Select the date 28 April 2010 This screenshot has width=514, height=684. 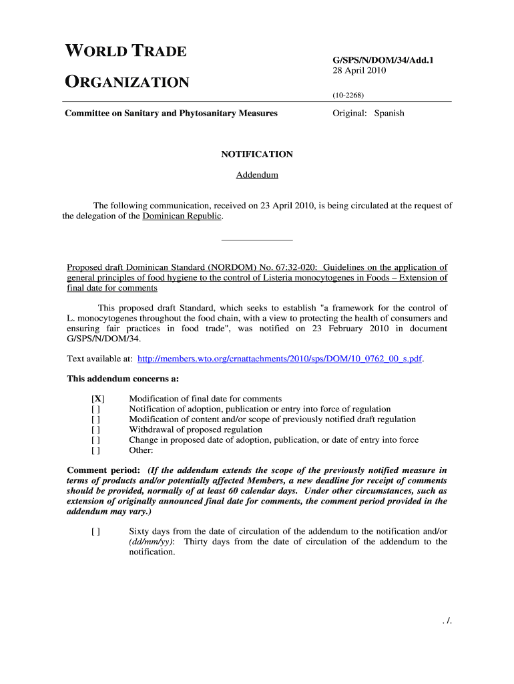tap(360, 70)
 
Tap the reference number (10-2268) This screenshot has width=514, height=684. tap(348, 95)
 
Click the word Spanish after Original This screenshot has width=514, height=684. tap(389, 114)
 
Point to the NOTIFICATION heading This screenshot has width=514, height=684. tap(257, 154)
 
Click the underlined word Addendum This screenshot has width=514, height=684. tap(257, 176)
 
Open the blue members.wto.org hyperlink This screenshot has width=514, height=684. tap(280, 359)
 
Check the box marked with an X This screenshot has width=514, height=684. tap(97, 399)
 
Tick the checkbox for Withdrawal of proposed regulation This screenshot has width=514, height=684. tap(96, 430)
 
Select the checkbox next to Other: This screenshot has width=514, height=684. tap(96, 451)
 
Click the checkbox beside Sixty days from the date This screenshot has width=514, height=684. tap(96, 532)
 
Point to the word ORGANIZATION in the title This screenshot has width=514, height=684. tap(127, 83)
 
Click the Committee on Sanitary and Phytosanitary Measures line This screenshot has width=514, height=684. tap(171, 114)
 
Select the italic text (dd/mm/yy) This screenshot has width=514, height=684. tap(152, 542)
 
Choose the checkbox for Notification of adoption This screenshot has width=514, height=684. tap(96, 409)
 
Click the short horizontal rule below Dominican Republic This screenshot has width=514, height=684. tap(257, 239)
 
